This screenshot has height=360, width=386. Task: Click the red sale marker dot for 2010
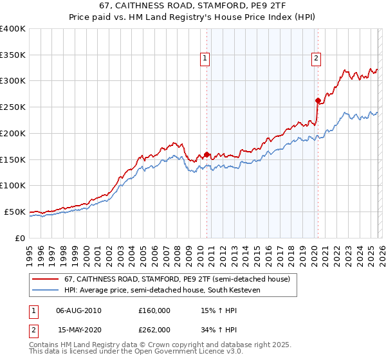tap(207, 154)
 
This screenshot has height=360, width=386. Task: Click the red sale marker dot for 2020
tap(318, 100)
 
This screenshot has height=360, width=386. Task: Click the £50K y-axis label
tap(15, 212)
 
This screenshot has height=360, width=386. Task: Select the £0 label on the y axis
tap(20, 238)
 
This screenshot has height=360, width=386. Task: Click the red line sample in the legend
tap(46, 280)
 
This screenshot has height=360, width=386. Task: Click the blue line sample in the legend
tap(46, 290)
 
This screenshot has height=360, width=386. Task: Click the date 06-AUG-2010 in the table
tap(79, 310)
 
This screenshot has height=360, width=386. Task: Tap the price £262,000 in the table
tap(154, 329)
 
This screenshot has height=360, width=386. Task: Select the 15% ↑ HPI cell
tap(218, 310)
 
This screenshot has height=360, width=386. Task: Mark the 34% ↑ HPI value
tap(218, 329)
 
